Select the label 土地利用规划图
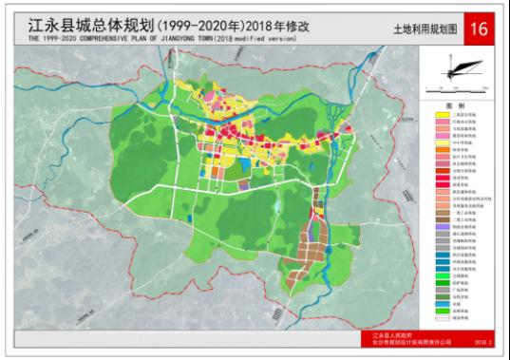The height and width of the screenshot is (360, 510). tap(424, 30)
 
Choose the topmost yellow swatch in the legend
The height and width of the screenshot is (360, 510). tap(442, 114)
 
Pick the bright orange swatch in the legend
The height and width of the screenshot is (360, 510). tap(442, 148)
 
